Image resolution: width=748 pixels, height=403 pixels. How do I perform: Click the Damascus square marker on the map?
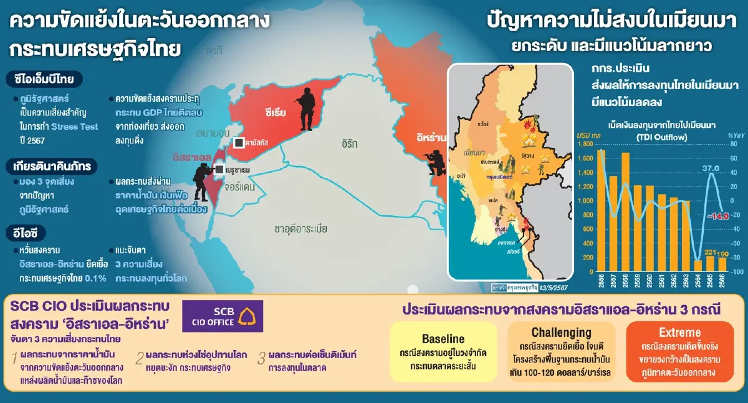point(238,143)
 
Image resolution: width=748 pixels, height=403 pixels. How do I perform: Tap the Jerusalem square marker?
point(219,169)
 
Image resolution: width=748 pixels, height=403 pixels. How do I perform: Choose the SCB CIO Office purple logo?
point(223,316)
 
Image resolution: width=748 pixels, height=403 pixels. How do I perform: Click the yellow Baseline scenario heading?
point(443,339)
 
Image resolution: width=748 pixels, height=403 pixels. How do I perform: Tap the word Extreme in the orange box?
point(679,333)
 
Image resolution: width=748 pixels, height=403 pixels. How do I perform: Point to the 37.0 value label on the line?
point(711,168)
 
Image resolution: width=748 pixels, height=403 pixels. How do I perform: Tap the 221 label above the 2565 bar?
point(710,251)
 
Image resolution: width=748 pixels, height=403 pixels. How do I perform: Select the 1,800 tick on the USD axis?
point(586,144)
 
